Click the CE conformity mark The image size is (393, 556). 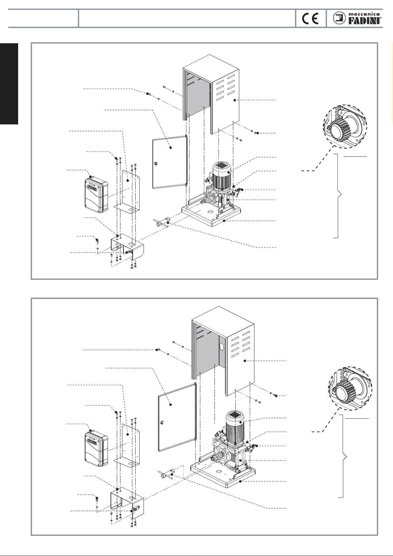point(310,18)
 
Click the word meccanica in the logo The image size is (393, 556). point(364,15)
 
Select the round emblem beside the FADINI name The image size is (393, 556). point(339,18)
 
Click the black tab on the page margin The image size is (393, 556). point(9,84)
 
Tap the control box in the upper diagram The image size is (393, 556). point(96,194)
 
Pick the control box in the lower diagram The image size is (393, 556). point(96,449)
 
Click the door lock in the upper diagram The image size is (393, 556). point(156,164)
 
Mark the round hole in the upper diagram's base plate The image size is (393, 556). point(210,212)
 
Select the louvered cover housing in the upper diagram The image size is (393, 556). point(211,94)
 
